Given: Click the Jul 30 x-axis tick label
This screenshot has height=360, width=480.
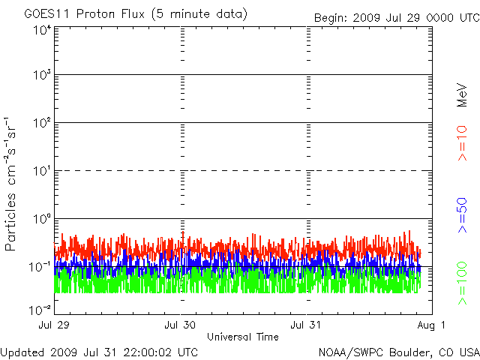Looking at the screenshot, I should (181, 325).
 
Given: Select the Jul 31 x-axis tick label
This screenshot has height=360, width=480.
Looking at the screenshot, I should (307, 325).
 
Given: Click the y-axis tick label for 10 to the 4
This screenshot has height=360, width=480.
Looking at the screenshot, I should (41, 31).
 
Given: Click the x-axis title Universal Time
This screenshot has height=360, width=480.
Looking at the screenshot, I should (243, 337).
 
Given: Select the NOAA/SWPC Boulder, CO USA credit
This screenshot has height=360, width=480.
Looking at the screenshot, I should (397, 352).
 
